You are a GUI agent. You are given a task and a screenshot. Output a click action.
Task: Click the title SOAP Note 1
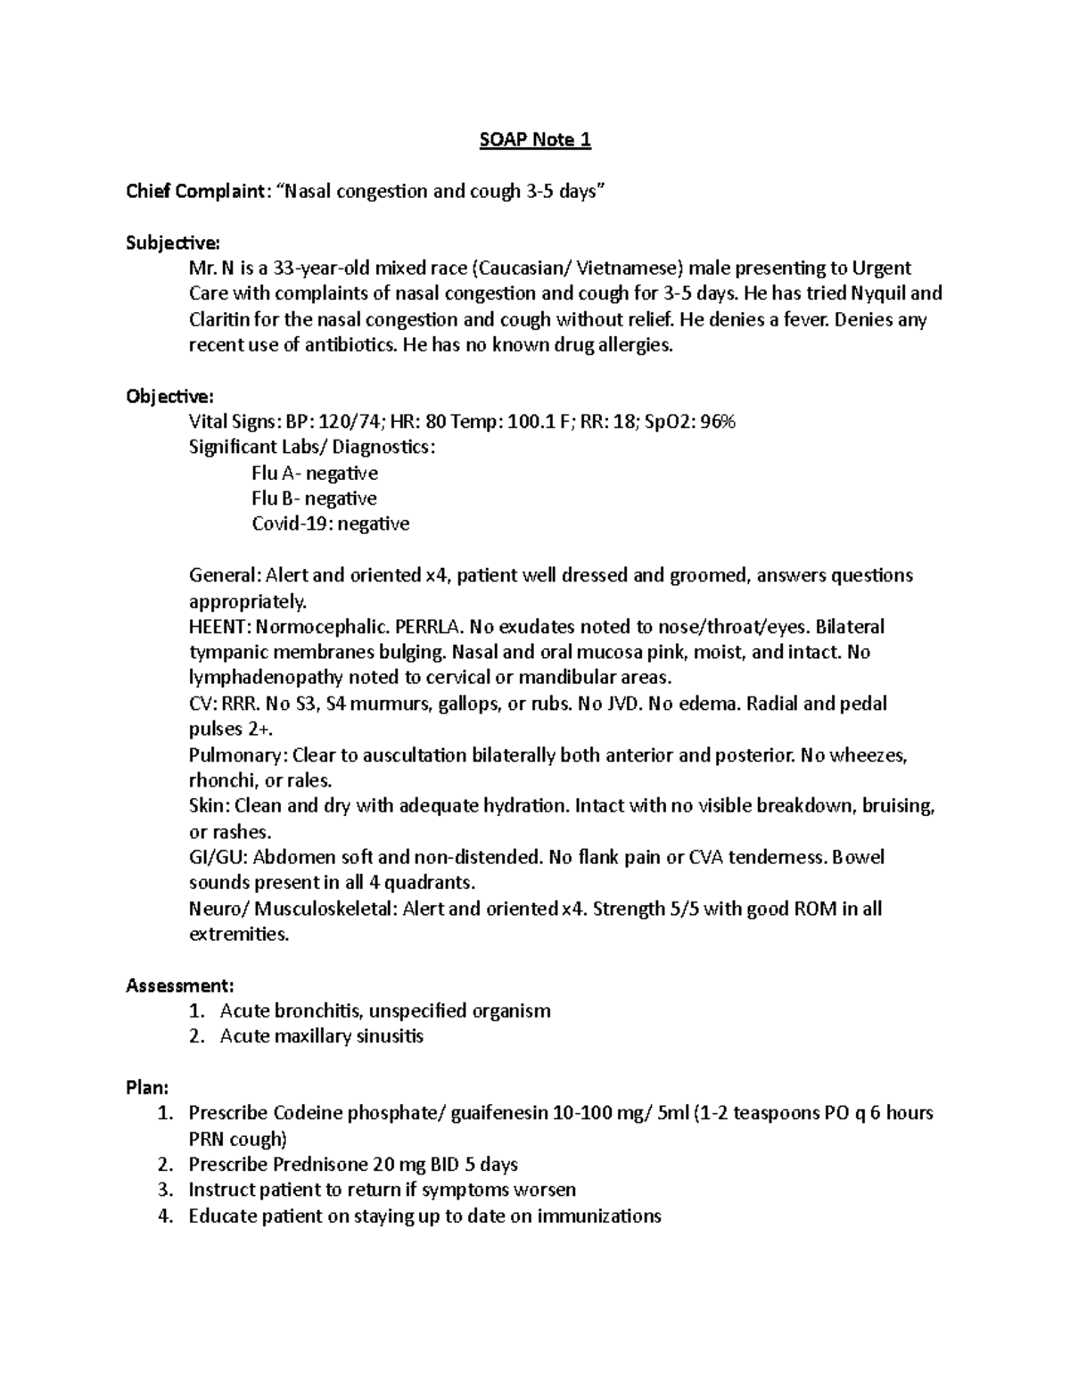tap(535, 140)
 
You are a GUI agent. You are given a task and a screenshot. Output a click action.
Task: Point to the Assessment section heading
tap(180, 985)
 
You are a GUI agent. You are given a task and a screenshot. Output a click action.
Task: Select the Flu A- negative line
tap(315, 473)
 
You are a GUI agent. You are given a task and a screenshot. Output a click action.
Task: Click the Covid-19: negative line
tap(330, 523)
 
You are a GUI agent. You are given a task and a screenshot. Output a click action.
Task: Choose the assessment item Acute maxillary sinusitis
tap(321, 1036)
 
